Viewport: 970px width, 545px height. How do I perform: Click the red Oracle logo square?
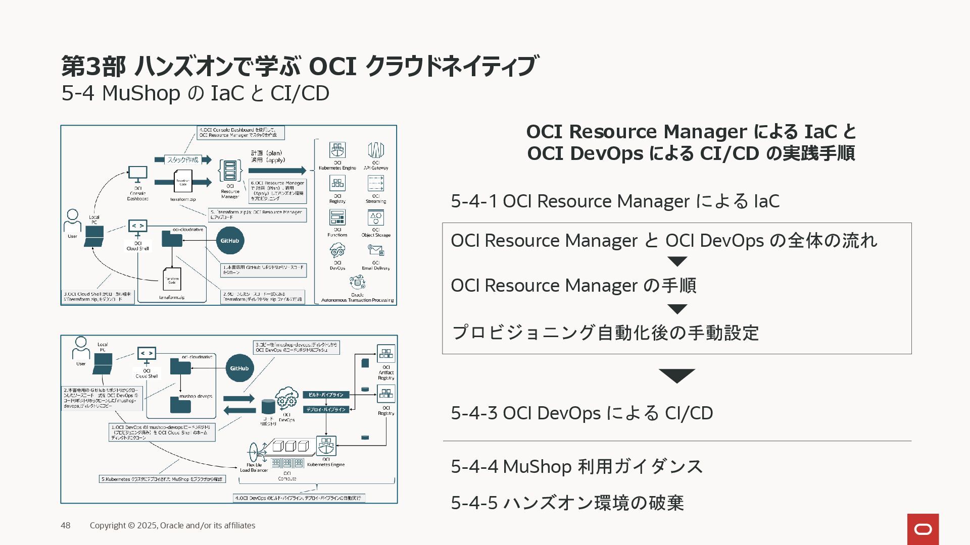coord(923,529)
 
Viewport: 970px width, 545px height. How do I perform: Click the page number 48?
coord(66,525)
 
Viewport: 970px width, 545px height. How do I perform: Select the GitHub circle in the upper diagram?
coord(230,241)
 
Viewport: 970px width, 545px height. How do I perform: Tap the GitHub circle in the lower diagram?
coord(239,368)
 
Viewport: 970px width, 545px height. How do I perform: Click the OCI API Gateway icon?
coord(376,150)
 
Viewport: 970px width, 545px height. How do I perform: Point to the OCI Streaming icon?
coord(376,183)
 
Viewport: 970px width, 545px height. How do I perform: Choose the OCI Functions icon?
coord(337,217)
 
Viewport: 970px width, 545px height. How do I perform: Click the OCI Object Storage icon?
coord(376,217)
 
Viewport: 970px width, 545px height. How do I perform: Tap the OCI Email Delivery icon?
coord(376,250)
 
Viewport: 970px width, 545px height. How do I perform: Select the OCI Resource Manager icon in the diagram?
coord(230,171)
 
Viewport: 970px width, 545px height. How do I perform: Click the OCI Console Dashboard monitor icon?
coord(137,175)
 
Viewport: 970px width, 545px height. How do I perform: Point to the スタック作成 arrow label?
coord(183,159)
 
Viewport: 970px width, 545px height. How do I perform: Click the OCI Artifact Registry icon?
coord(386,354)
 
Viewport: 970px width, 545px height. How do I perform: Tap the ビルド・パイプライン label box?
coord(326,395)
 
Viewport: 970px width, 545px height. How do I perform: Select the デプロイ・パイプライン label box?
coord(326,409)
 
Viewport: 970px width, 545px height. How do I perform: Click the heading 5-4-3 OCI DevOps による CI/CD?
coord(581,413)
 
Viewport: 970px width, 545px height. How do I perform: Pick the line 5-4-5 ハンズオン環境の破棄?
coord(567,503)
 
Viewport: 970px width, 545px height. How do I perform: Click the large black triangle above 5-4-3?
coord(677,376)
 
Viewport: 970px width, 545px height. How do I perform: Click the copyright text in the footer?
coord(172,525)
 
